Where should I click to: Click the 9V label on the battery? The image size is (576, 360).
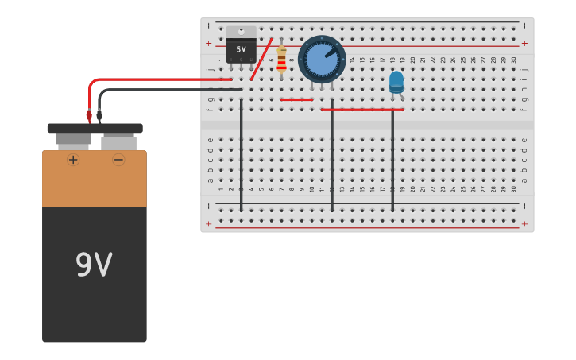pyautogui.click(x=94, y=265)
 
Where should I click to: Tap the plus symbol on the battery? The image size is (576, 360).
pyautogui.click(x=73, y=160)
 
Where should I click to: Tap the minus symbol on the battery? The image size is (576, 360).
pyautogui.click(x=118, y=160)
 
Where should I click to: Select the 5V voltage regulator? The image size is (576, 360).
pyautogui.click(x=242, y=48)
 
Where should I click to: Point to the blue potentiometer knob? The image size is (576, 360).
pyautogui.click(x=322, y=60)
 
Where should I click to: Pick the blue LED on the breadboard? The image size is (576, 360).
pyautogui.click(x=396, y=81)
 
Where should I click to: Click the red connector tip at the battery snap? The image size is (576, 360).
pyautogui.click(x=89, y=116)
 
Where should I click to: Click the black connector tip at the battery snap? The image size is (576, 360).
pyautogui.click(x=99, y=116)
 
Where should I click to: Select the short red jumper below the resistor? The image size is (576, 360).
pyautogui.click(x=296, y=99)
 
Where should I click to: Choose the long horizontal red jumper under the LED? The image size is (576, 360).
pyautogui.click(x=362, y=110)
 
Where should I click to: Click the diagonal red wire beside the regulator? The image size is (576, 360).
pyautogui.click(x=261, y=60)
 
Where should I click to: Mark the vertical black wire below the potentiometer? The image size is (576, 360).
pyautogui.click(x=332, y=159)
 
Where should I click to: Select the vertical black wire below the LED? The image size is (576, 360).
pyautogui.click(x=392, y=159)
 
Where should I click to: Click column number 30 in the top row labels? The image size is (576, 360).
pyautogui.click(x=513, y=60)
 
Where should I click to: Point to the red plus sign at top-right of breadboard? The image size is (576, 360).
pyautogui.click(x=524, y=44)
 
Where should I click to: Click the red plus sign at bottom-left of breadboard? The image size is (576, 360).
pyautogui.click(x=209, y=224)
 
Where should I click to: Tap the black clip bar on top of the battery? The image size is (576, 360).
pyautogui.click(x=95, y=128)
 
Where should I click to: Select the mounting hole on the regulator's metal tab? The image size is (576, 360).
pyautogui.click(x=242, y=31)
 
